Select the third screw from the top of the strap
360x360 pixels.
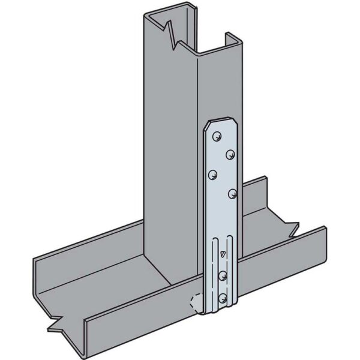tap(212, 175)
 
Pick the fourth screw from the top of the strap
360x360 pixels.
tap(232, 193)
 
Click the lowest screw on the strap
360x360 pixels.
tap(223, 297)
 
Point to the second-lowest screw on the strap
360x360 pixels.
tap(223, 275)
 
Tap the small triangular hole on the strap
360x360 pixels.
tap(223, 254)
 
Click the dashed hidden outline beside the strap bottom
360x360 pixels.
tap(196, 302)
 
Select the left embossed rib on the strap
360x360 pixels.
tap(214, 270)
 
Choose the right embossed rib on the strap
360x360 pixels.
tap(232, 270)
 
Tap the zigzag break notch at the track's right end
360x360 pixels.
tap(292, 228)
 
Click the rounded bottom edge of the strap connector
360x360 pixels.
tap(222, 313)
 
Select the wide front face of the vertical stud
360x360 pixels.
tap(171, 150)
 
